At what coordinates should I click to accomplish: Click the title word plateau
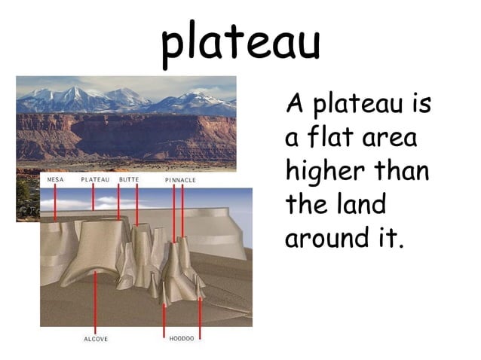pos(240,41)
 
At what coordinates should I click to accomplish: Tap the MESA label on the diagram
pos(55,181)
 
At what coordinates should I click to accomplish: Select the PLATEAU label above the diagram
pos(95,181)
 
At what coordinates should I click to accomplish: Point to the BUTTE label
pos(128,181)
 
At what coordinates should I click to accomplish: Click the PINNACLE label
pos(180,181)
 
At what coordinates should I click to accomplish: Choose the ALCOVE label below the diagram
pos(95,339)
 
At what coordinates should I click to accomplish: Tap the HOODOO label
pos(181,339)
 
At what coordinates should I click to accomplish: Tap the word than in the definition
pos(403,171)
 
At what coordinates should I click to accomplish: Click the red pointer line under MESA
pos(55,203)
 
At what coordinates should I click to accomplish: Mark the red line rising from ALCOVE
pos(95,301)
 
